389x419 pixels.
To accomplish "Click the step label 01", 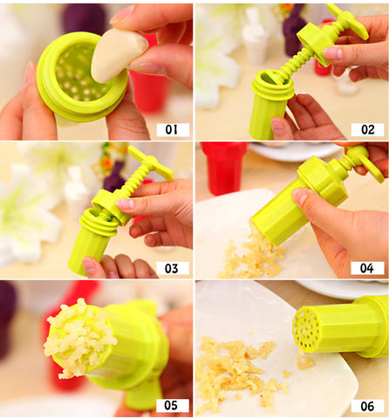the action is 173,130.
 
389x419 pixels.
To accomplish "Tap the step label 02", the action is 367,130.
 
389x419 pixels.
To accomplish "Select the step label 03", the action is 173,268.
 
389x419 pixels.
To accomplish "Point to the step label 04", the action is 367,268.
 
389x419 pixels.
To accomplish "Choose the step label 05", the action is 173,405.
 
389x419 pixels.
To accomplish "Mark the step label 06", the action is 367,406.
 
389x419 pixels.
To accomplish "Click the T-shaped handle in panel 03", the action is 151,163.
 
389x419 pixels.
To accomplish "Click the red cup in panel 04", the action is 223,168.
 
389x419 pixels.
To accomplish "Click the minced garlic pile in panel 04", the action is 252,255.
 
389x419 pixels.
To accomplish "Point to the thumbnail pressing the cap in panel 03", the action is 126,203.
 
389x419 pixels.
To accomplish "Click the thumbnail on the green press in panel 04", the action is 300,196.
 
